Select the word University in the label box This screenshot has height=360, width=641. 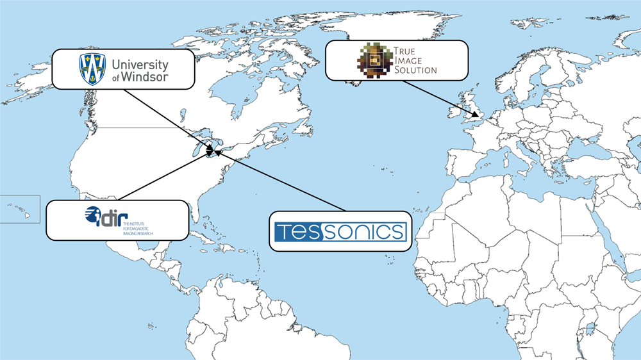point(140,64)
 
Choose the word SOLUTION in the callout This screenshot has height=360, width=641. point(415,70)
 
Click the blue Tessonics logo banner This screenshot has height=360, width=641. point(340,231)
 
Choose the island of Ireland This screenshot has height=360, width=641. point(456,113)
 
